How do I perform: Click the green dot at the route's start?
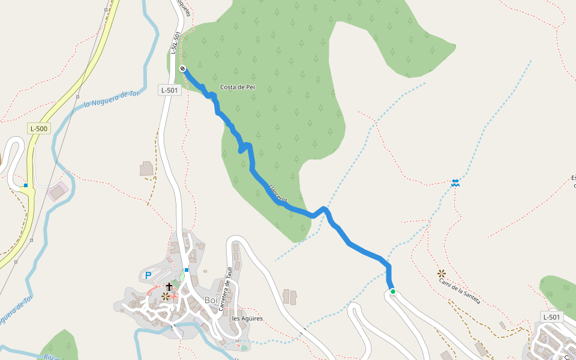tap(393, 292)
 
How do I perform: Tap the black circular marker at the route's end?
tap(182, 68)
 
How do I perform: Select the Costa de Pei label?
tap(238, 87)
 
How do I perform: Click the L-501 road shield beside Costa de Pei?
tap(170, 90)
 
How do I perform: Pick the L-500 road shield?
tap(39, 128)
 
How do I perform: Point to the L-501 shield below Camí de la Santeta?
tap(552, 317)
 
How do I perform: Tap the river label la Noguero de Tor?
tap(112, 98)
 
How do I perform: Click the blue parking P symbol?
tap(148, 275)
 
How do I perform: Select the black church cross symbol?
tap(169, 286)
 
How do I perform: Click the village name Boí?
tap(211, 300)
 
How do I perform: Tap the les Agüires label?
tap(247, 319)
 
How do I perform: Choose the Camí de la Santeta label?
tap(460, 291)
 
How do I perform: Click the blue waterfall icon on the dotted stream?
tap(455, 182)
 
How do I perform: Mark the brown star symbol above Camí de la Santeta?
tap(442, 274)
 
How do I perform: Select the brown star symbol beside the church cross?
tap(165, 296)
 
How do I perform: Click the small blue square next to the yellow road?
tap(26, 185)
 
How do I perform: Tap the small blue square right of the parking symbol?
tap(187, 270)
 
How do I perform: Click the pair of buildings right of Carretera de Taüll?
tap(290, 296)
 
